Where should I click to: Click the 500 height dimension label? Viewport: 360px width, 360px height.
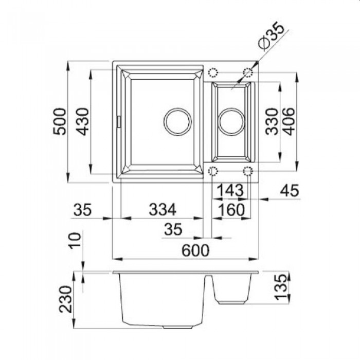(60, 122)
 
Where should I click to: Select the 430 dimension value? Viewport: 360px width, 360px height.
(83, 122)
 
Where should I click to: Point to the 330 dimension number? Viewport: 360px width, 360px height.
(272, 121)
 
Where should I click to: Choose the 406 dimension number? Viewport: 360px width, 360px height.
(288, 121)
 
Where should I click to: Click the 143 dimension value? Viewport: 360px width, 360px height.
(230, 190)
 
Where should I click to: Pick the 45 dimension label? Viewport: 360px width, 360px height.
(290, 190)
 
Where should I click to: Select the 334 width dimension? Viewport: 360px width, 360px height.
(163, 209)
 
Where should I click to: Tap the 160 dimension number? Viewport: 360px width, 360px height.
(231, 210)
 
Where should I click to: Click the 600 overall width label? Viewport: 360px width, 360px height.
(195, 250)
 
